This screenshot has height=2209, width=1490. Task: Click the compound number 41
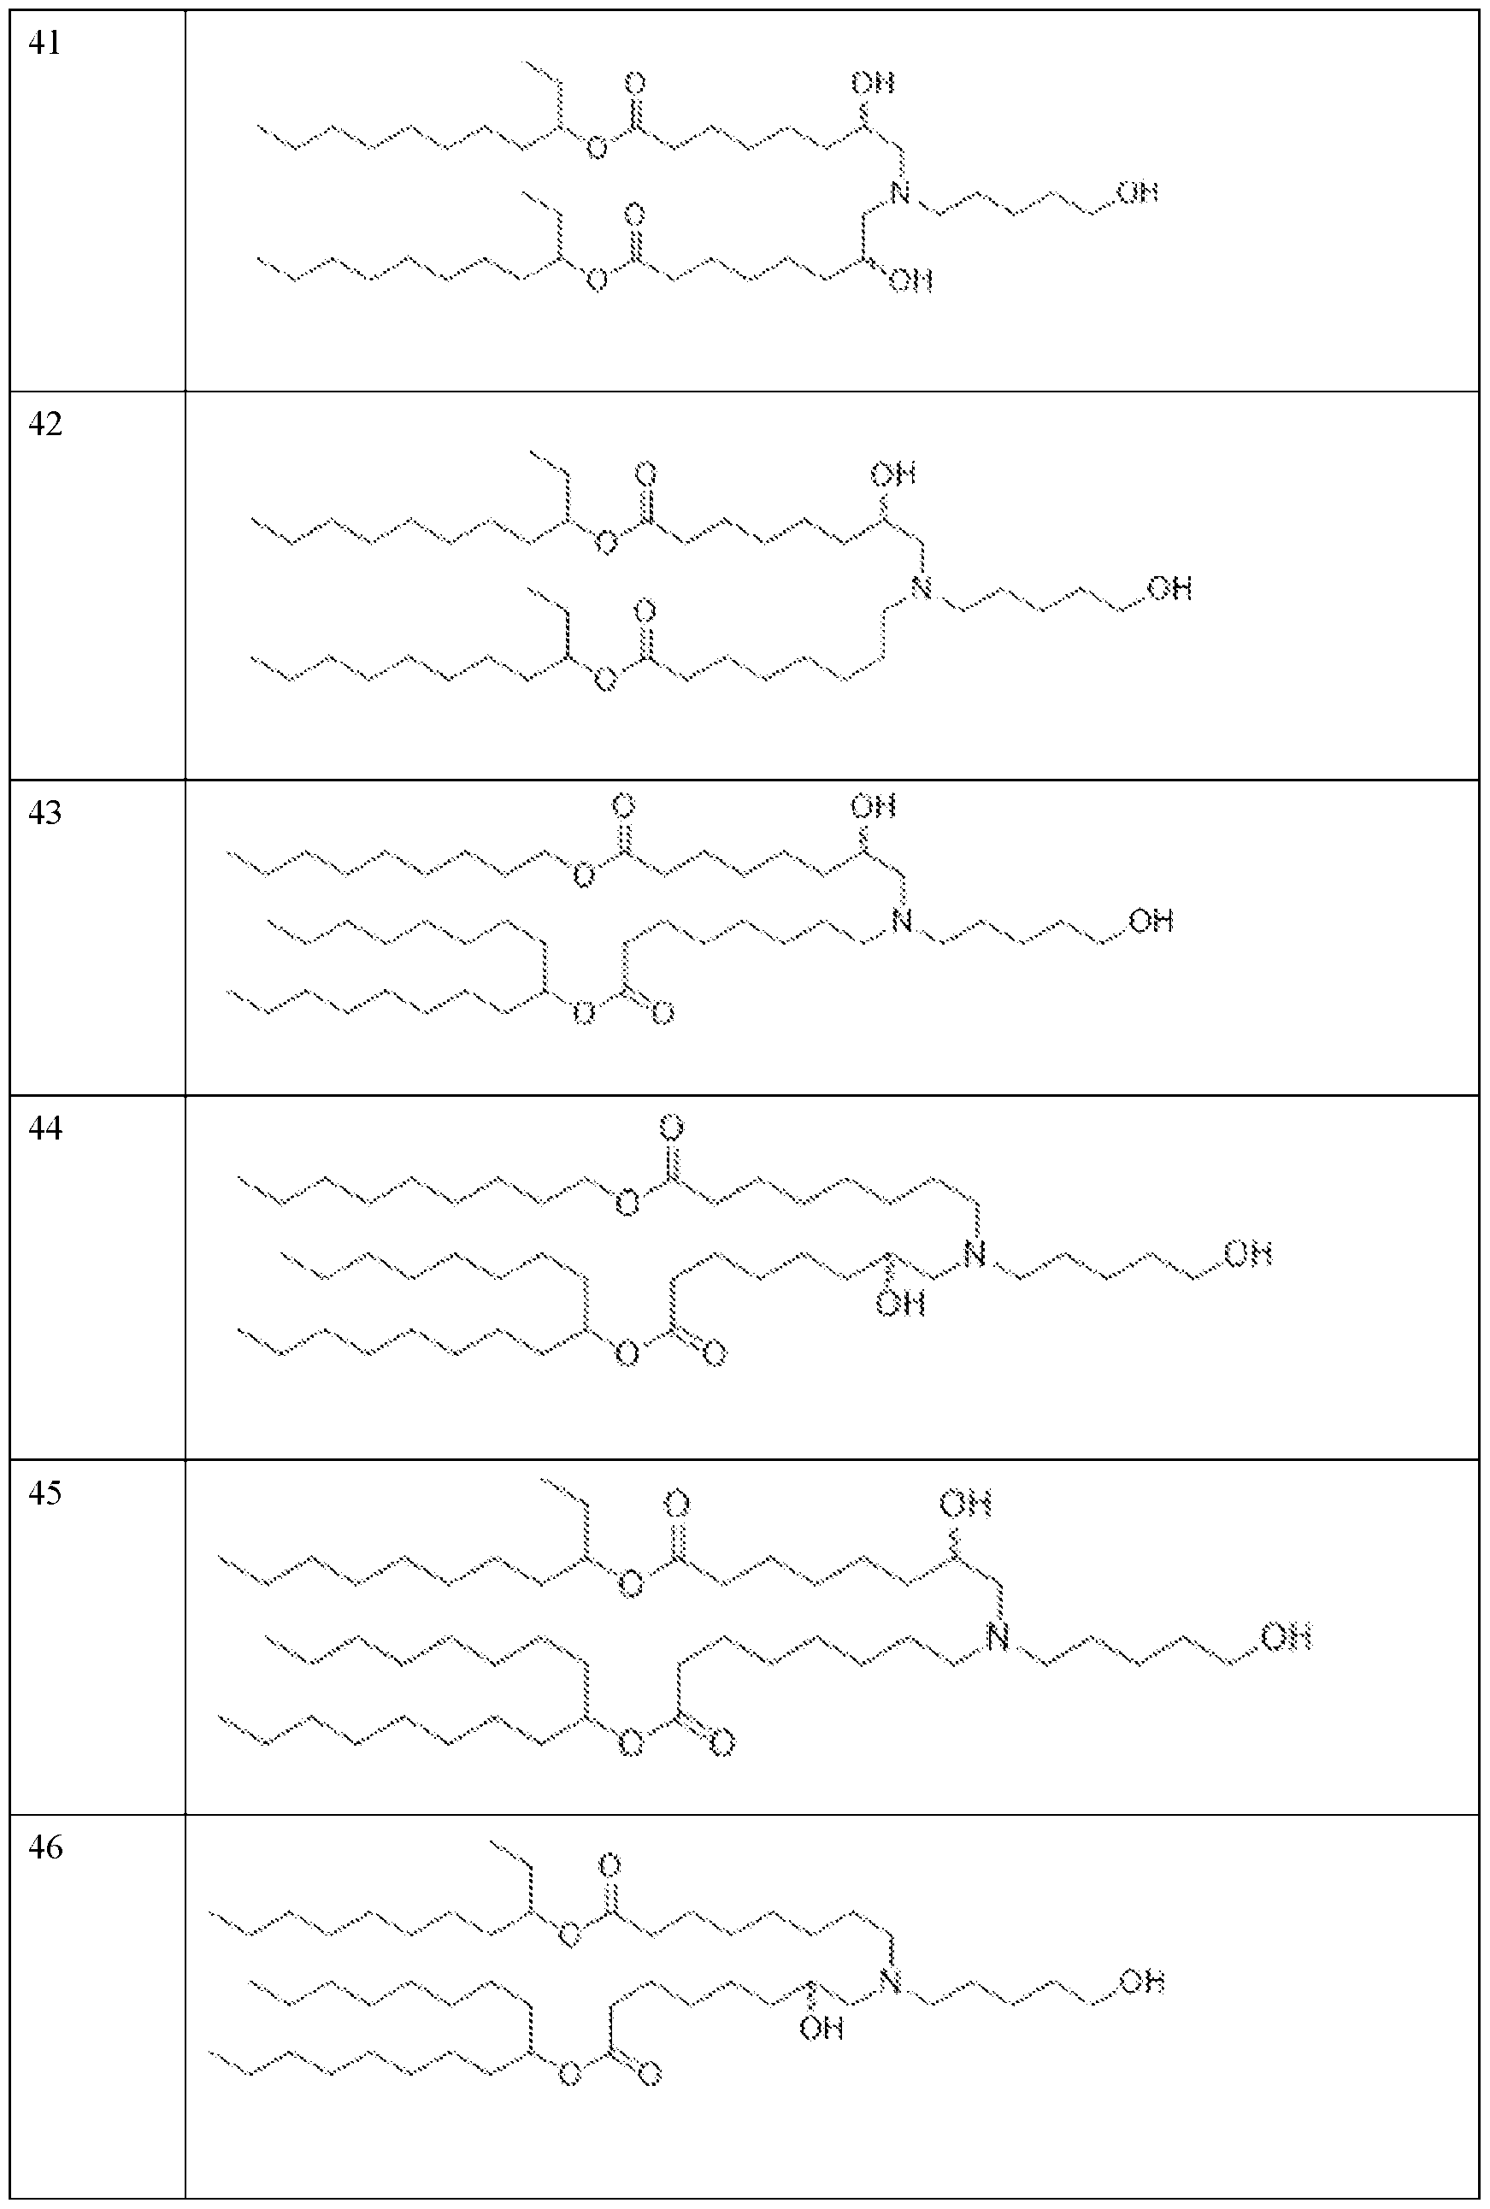44,44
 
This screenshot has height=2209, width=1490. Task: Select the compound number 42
44,424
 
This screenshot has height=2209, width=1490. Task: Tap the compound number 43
44,813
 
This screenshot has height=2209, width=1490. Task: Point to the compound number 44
44,1128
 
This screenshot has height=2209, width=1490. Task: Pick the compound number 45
44,1493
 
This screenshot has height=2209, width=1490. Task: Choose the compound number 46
44,1848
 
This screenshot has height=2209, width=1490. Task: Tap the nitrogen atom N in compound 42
921,588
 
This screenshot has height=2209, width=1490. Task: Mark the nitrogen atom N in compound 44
974,1255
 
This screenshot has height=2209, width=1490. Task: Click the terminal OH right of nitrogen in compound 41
1138,193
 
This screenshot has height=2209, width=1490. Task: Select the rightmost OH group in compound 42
1169,588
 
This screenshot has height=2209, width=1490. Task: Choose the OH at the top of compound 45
967,1504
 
